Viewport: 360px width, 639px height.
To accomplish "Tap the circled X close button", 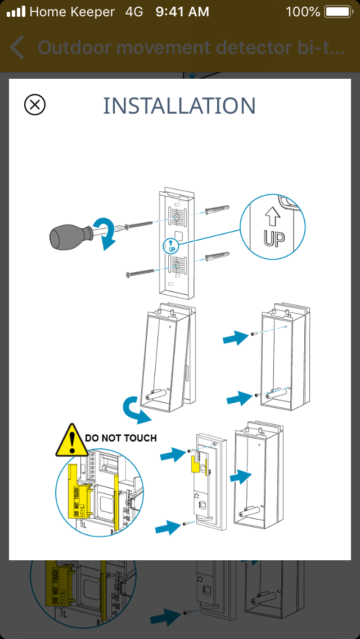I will click(x=35, y=105).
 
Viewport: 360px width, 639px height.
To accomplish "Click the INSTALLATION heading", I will click(x=179, y=106).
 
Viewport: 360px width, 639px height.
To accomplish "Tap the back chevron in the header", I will click(x=17, y=47).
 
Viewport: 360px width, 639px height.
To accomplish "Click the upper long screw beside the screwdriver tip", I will click(x=137, y=226).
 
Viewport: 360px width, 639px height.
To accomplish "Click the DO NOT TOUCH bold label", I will click(x=121, y=438).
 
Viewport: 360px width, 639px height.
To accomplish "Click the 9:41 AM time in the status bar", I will click(x=182, y=12).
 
